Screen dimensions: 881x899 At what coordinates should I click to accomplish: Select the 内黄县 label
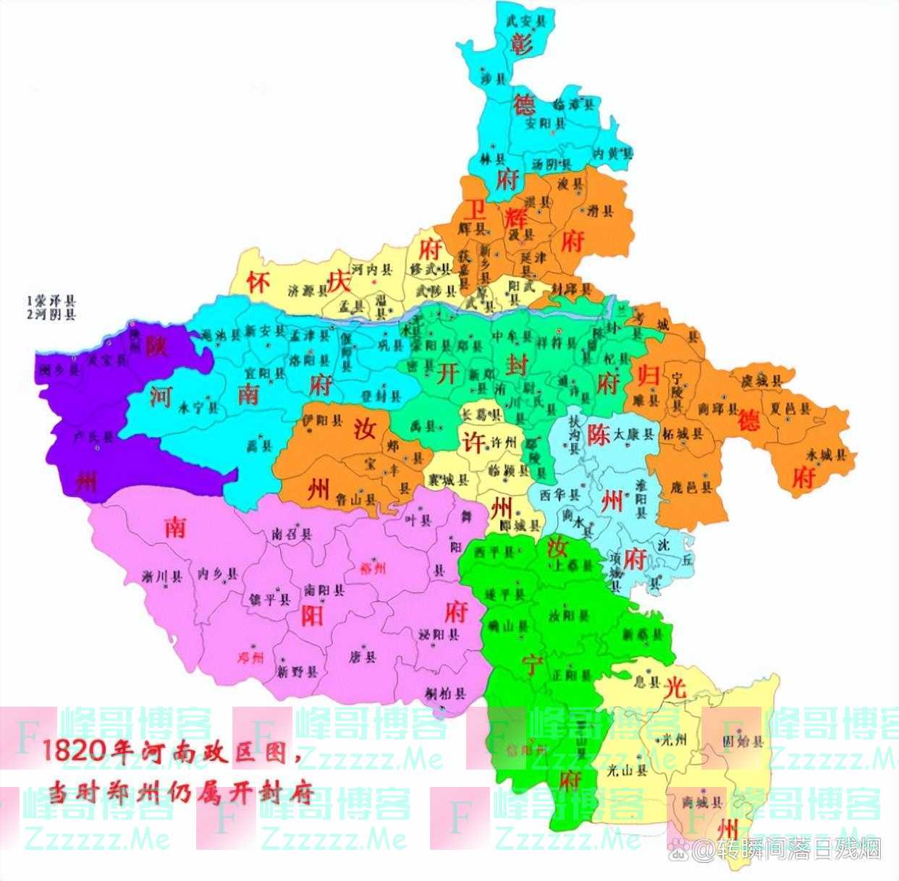click(x=612, y=153)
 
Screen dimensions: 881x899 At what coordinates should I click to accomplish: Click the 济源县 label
click(x=303, y=291)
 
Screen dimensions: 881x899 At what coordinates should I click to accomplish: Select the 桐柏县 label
click(x=446, y=694)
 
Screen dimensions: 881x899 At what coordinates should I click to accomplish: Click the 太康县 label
click(x=634, y=435)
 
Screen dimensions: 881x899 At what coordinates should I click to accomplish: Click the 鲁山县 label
click(x=356, y=498)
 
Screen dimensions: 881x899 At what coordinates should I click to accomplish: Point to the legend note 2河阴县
click(x=51, y=315)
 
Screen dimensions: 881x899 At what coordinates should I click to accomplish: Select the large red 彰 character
click(x=522, y=45)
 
